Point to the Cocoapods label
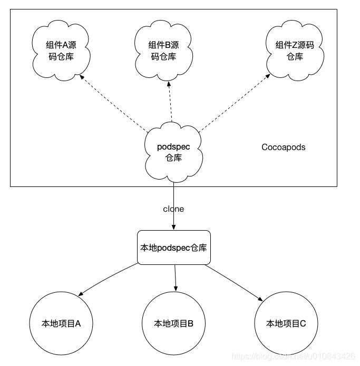click(x=283, y=147)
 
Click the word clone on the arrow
click(x=173, y=209)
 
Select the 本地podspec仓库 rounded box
click(x=173, y=248)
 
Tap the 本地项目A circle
click(x=61, y=323)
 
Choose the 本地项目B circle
click(x=173, y=323)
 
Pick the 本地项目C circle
click(x=286, y=323)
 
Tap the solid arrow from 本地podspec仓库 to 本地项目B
click(x=175, y=276)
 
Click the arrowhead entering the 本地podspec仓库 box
click(x=173, y=227)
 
